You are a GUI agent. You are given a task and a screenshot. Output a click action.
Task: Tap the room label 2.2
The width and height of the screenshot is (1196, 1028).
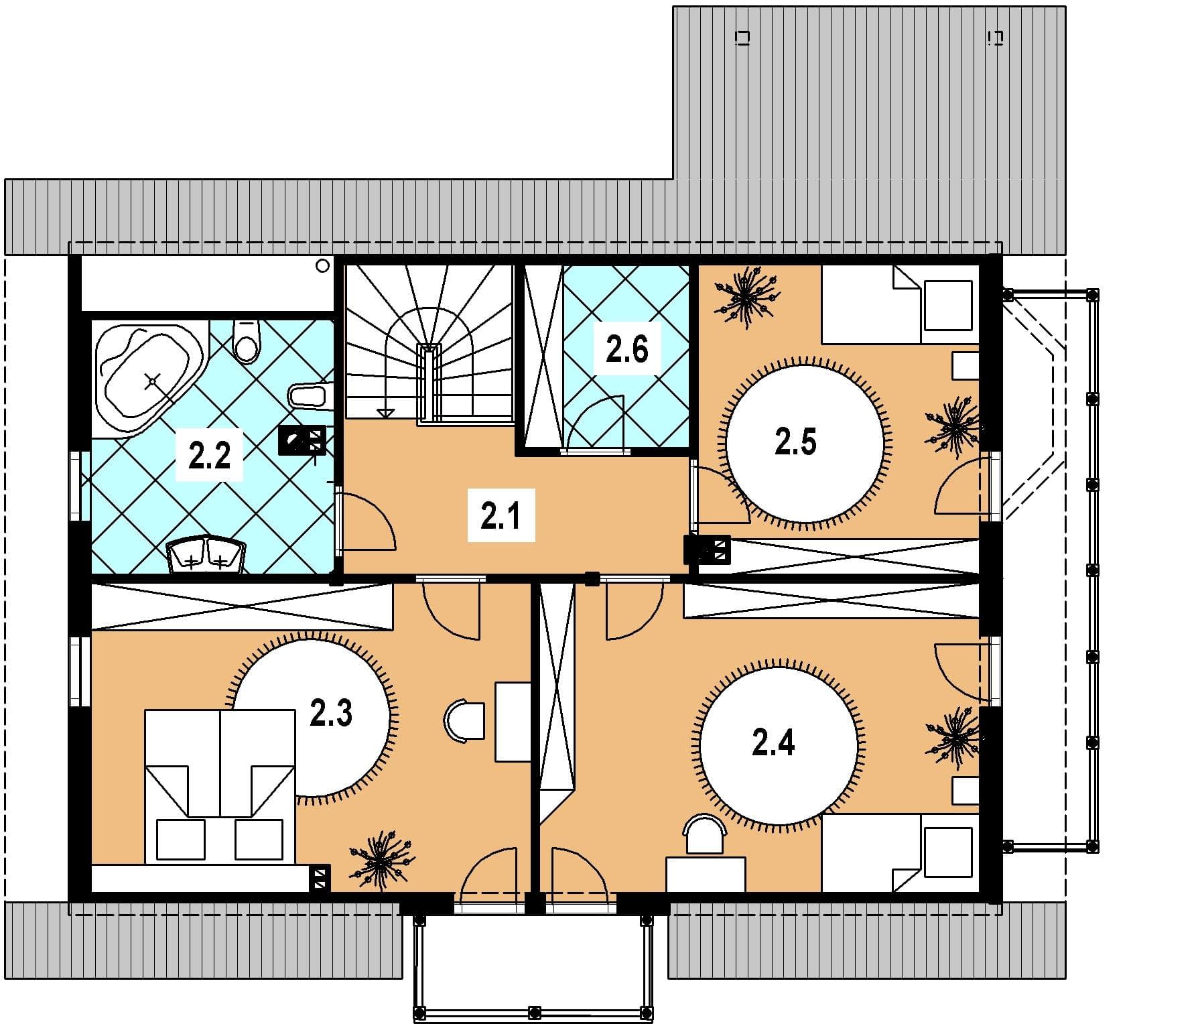coord(209,456)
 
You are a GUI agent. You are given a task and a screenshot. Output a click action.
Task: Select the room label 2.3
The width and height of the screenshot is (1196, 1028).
coord(331,713)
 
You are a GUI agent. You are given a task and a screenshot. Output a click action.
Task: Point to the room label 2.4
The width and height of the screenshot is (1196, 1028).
coord(773,743)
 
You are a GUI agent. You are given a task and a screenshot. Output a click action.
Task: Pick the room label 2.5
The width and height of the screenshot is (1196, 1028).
coord(795,442)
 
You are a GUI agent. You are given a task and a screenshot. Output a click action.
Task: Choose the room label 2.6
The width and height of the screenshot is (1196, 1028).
coord(627,350)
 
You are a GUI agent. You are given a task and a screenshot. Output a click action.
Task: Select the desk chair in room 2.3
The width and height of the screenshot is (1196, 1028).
coord(464,720)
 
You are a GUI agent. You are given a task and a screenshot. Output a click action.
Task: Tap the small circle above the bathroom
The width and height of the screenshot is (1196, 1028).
coord(322,266)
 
